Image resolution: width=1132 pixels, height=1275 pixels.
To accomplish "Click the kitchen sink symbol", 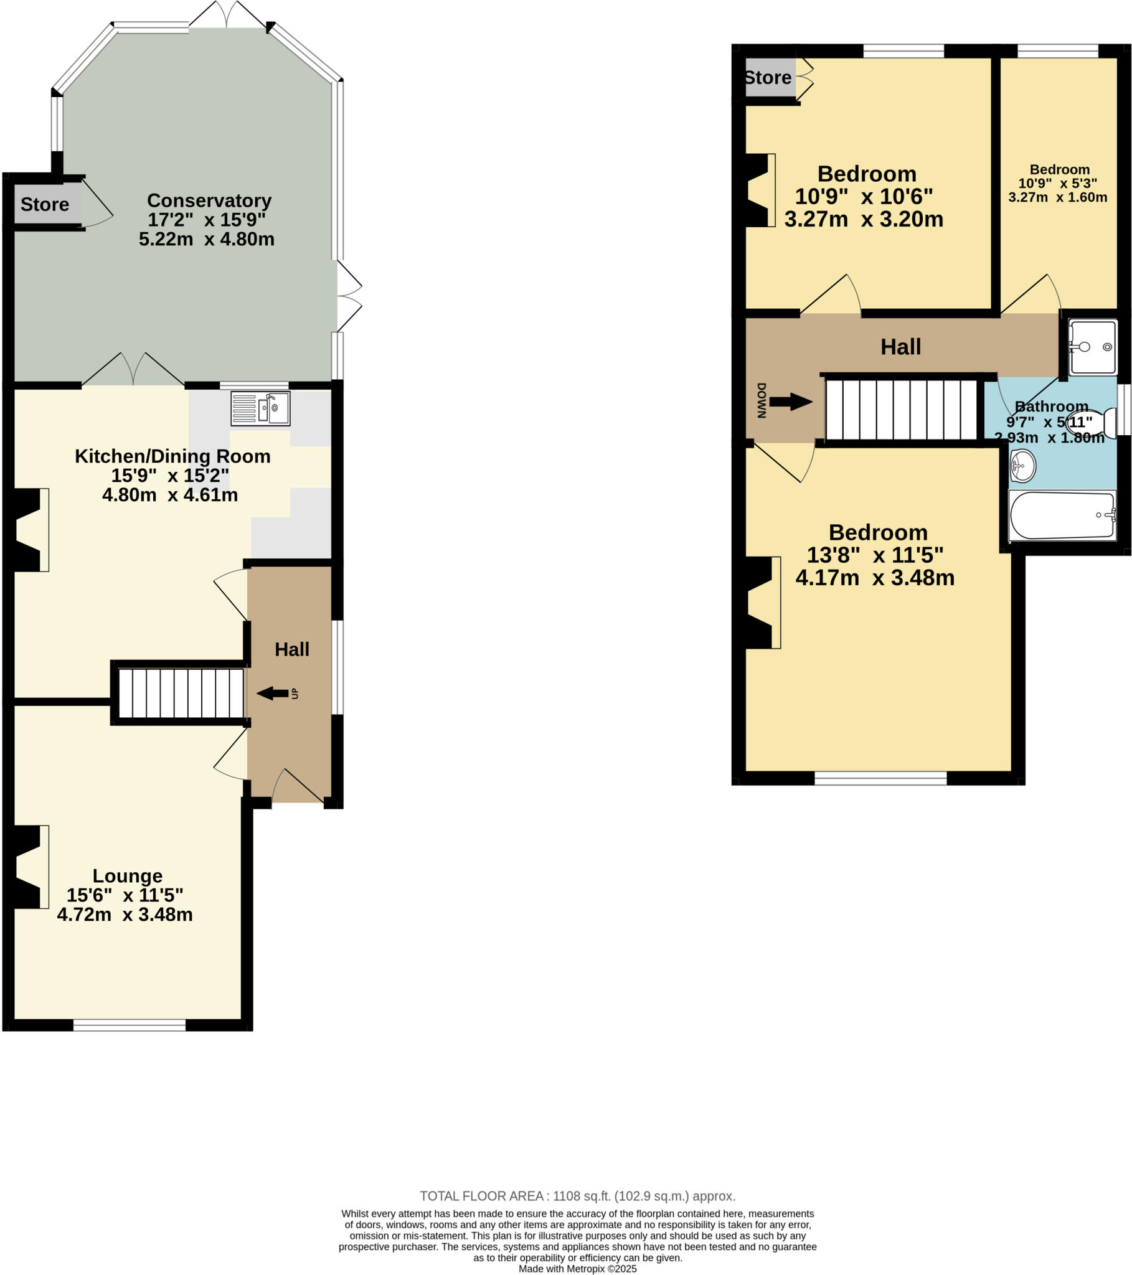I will [x=260, y=408].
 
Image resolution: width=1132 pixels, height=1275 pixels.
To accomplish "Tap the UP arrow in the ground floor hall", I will [x=273, y=693].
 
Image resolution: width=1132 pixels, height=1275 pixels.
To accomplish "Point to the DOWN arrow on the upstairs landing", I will [x=790, y=402].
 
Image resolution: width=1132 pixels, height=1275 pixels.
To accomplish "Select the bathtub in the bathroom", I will [x=1062, y=515].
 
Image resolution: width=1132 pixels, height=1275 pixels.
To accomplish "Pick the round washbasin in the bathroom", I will [x=1022, y=466].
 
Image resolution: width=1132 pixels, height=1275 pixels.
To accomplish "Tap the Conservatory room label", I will [x=209, y=200].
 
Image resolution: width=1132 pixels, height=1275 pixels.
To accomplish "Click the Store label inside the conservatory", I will [x=44, y=205].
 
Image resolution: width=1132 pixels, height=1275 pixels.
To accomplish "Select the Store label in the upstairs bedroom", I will [x=768, y=78].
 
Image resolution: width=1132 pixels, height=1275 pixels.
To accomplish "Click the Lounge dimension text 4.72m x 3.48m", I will [x=125, y=915].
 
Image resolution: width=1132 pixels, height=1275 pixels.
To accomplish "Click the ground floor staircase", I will [x=181, y=693].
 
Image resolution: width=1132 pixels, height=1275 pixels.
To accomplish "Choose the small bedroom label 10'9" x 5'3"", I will [x=1059, y=184].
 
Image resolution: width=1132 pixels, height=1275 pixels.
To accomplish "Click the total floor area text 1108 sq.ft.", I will [x=577, y=1196].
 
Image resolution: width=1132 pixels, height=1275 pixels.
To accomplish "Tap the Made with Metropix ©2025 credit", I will [x=577, y=1269].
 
